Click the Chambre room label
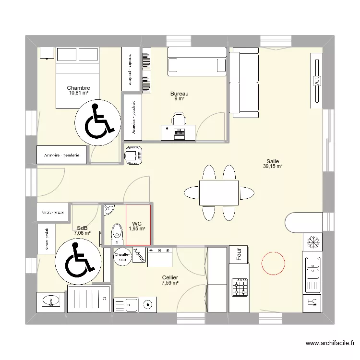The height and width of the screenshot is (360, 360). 78,88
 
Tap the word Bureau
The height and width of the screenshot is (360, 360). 180,94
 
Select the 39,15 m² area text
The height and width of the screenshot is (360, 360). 272,167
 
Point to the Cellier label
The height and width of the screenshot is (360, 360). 170,277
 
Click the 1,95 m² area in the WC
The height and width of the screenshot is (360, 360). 137,229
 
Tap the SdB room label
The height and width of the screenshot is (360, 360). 82,228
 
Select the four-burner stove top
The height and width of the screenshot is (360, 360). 239,288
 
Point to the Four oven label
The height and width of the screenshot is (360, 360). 238,254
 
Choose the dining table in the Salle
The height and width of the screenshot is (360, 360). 219,192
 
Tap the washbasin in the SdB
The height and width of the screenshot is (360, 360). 49,301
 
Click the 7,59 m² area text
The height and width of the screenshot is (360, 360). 170,283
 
